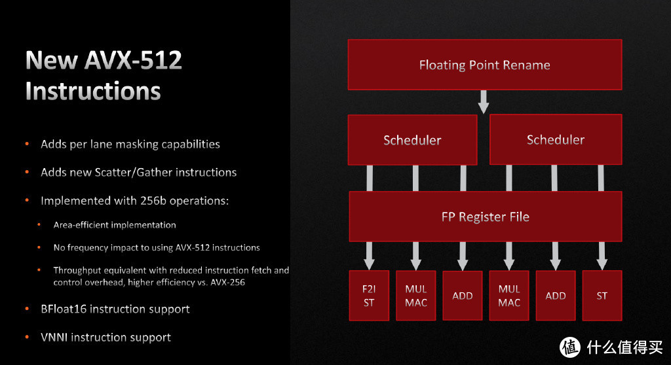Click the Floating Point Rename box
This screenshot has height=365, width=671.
484,65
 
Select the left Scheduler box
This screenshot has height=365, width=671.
412,140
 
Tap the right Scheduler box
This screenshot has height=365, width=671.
555,139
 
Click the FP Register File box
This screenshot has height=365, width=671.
485,217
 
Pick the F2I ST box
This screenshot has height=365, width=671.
369,296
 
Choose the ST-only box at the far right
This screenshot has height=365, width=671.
602,296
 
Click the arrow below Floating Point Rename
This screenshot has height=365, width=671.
484,101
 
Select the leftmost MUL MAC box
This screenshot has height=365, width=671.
416,296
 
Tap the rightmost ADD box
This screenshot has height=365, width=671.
556,296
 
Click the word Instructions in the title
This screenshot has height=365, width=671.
93,91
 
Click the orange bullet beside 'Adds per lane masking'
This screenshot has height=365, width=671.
27,144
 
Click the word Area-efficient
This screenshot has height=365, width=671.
82,225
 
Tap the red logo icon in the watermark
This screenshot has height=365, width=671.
570,346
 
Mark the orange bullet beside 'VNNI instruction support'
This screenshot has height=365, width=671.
27,338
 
